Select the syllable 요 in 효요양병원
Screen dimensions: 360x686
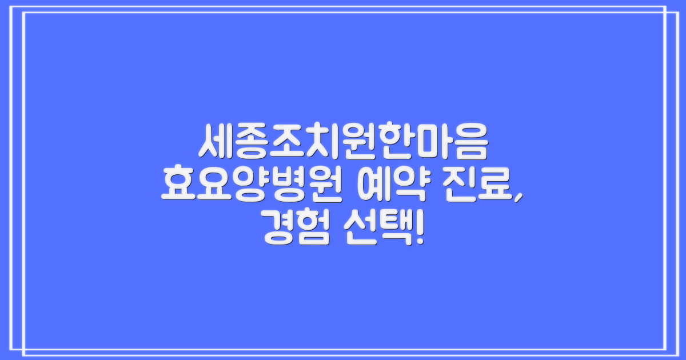coord(216,185)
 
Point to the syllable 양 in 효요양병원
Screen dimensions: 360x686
coord(252,185)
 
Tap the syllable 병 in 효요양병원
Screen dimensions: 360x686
coord(289,185)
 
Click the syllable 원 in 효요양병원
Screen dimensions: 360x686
coord(325,185)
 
